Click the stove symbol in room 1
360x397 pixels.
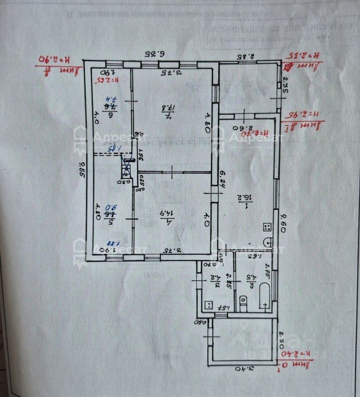coord(267,227)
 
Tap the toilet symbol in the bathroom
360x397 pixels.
coord(242,302)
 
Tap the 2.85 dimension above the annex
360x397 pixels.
coord(248,56)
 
